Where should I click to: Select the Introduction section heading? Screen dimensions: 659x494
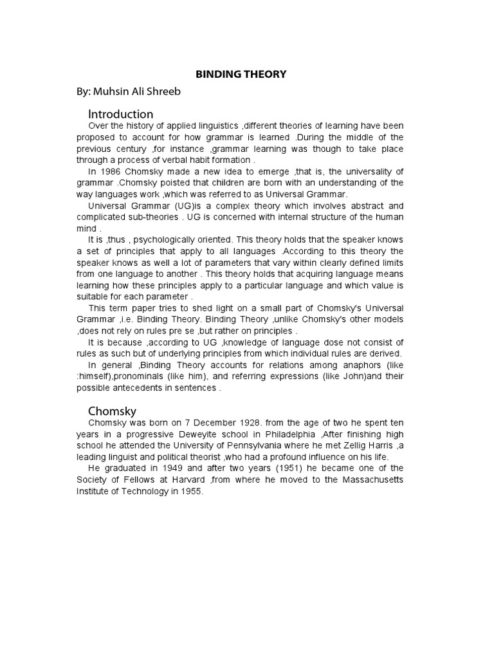120,114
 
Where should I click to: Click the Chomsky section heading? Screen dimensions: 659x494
112,411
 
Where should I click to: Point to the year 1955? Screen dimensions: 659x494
190,492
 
